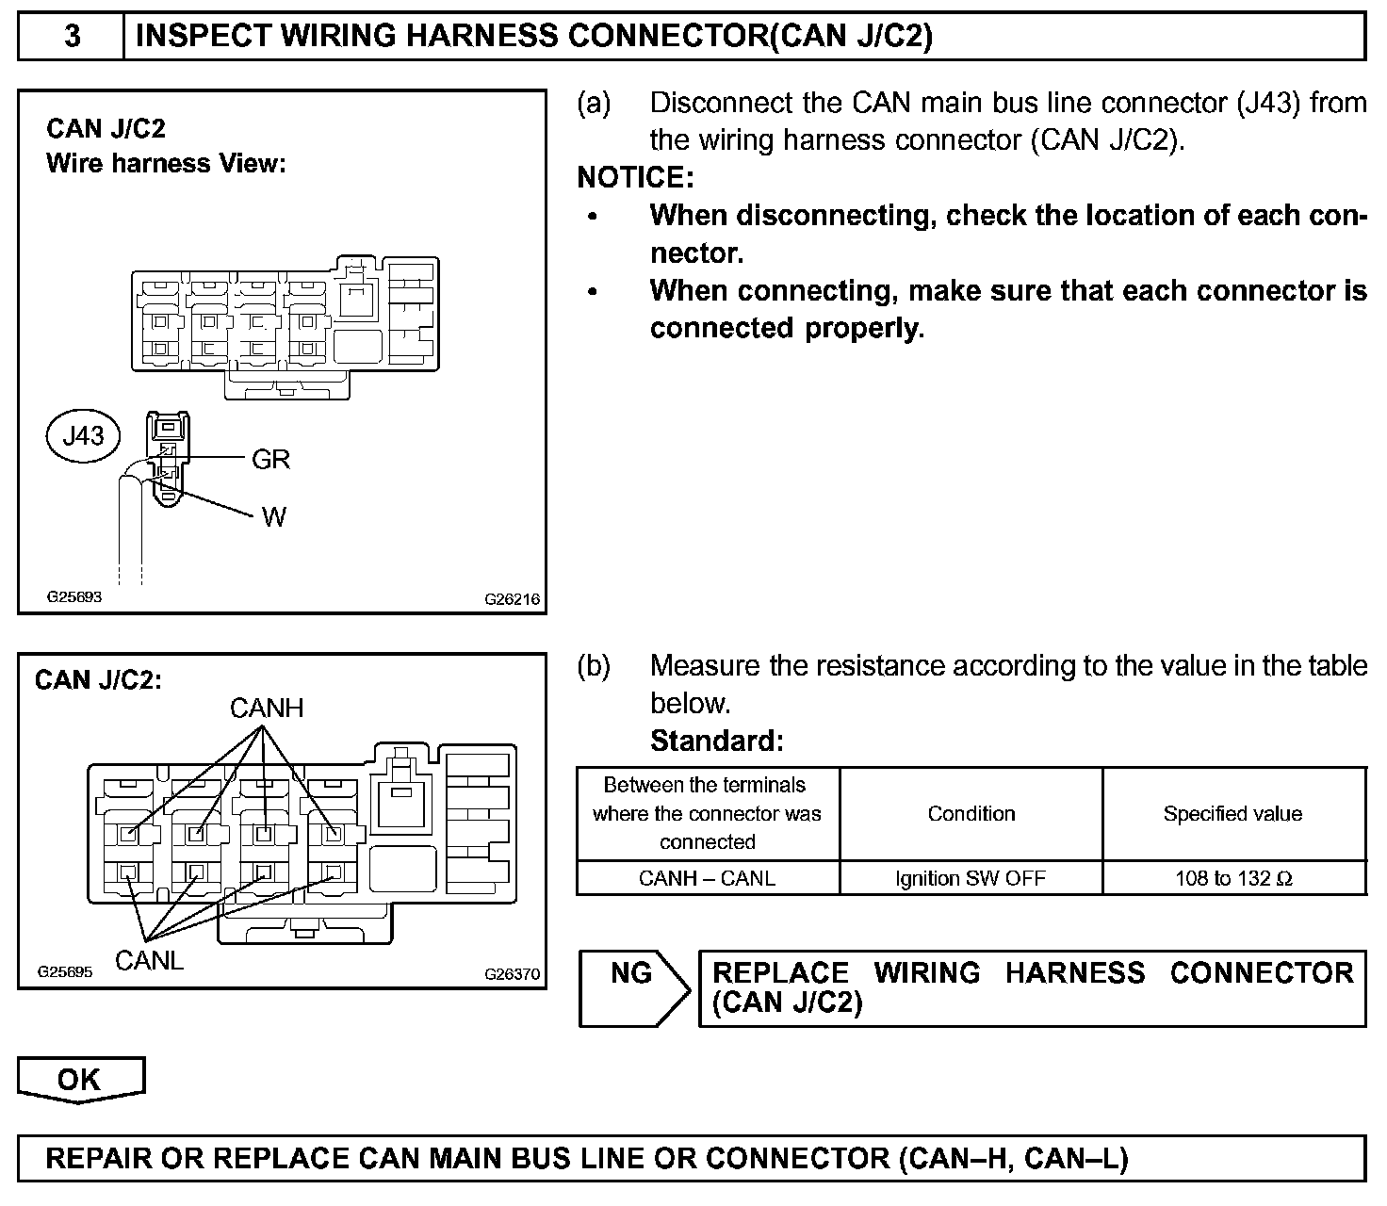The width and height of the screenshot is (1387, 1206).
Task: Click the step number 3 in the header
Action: tap(72, 37)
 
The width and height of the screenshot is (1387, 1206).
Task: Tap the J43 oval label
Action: tap(83, 435)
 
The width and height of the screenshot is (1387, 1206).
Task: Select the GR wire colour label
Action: tap(270, 459)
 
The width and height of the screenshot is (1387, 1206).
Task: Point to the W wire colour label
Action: tap(273, 516)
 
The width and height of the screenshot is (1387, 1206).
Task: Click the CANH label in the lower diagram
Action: tap(267, 708)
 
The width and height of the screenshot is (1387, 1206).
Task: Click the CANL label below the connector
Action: tap(149, 960)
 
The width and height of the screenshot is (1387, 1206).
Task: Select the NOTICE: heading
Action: tap(635, 177)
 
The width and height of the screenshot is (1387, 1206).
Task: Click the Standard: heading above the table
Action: tap(716, 741)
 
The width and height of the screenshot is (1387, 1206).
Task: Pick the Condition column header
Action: tap(971, 813)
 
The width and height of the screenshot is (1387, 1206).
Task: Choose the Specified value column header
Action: tap(1232, 813)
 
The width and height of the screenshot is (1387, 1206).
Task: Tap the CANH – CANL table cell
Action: tap(707, 878)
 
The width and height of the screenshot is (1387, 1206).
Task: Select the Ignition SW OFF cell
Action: tap(971, 878)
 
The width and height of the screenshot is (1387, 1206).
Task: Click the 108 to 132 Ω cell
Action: tap(1233, 878)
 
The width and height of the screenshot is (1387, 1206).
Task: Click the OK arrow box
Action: tap(80, 1080)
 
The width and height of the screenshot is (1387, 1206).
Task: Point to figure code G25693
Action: tap(74, 596)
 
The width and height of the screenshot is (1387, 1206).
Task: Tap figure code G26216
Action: tap(513, 598)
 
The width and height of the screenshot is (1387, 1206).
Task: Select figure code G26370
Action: tap(513, 973)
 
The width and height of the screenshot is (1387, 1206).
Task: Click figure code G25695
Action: tap(65, 971)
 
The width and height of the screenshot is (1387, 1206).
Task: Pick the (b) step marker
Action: tap(594, 666)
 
